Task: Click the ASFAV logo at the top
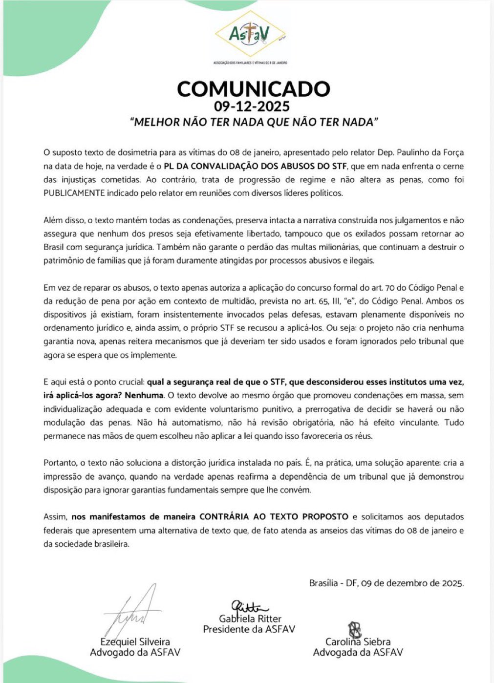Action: (x=250, y=34)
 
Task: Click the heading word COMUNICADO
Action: (x=254, y=89)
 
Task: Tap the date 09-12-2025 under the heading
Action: (x=252, y=106)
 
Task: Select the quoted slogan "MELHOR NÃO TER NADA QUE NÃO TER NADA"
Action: (x=254, y=122)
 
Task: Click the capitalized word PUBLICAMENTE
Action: (x=74, y=193)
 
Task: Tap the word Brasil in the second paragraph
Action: (x=54, y=247)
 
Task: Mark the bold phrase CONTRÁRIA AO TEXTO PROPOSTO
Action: (x=274, y=516)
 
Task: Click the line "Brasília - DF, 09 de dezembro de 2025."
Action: (x=386, y=583)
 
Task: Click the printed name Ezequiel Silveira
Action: (x=135, y=641)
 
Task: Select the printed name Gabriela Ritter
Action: (x=250, y=619)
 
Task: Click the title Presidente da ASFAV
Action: (x=249, y=629)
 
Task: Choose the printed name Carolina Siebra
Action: (x=358, y=642)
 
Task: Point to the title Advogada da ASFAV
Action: (x=358, y=652)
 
